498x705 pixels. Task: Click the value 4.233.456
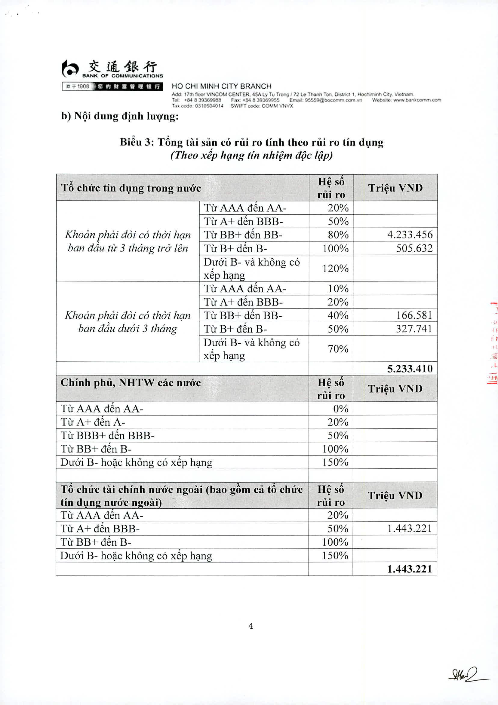pos(410,234)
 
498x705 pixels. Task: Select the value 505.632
pos(414,248)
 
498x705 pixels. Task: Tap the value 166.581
pos(414,315)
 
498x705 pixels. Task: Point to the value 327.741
pos(414,329)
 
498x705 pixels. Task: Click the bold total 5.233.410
pos(410,369)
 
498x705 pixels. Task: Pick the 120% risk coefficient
pos(335,268)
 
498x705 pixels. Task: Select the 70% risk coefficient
pos(338,349)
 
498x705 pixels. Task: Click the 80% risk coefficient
pos(338,234)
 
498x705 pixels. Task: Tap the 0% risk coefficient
pos(340,408)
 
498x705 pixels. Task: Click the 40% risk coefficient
pos(338,315)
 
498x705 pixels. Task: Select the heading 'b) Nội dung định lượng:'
pos(120,116)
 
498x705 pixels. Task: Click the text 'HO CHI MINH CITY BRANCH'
pos(222,86)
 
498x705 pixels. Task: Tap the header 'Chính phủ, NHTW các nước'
pos(131,383)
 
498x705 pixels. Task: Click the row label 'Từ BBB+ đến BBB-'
pos(108,435)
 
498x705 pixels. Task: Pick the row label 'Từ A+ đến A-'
pos(93,422)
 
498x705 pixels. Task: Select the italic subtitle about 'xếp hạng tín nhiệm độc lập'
pos(251,155)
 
